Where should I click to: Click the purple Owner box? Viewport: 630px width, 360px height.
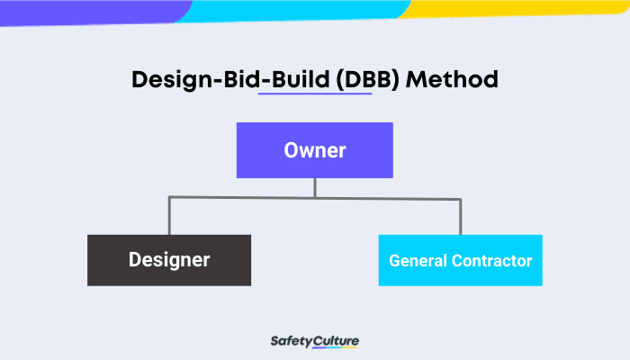point(314,149)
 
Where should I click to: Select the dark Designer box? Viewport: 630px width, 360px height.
point(169,260)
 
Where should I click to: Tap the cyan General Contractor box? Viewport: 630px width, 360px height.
point(460,260)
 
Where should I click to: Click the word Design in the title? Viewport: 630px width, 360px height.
point(165,79)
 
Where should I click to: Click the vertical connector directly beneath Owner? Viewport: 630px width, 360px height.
point(314,187)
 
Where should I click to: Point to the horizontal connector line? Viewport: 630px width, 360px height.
point(243,198)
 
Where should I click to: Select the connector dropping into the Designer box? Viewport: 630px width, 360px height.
point(169,217)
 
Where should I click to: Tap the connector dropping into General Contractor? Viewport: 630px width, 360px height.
point(460,217)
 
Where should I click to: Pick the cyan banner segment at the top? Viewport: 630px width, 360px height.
point(297,9)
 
